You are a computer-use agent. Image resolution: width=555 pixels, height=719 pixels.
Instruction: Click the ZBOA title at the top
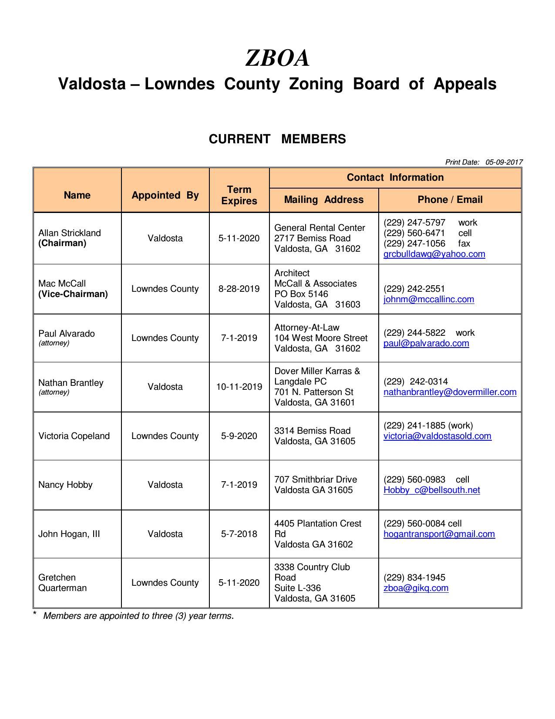pos(277,58)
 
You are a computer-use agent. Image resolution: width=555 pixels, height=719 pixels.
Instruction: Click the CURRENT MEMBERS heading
pos(277,139)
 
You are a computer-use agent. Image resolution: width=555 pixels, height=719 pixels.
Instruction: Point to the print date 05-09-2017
pos(504,162)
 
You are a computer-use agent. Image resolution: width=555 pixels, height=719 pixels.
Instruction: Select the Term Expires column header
pos(239,195)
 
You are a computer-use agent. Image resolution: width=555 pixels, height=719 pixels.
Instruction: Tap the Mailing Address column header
pos(323,199)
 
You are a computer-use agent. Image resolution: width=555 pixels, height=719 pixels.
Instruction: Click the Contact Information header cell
pos(395,177)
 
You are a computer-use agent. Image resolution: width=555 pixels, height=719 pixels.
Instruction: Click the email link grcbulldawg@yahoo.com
pos(434,254)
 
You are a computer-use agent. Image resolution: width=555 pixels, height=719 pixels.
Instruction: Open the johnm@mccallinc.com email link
pos(429,299)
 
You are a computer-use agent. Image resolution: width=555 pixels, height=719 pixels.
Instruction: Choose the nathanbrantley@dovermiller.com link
pos(450,392)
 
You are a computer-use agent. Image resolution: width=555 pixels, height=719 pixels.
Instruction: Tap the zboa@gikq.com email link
pos(416,588)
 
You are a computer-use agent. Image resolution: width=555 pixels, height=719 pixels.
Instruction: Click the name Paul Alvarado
pos(66,334)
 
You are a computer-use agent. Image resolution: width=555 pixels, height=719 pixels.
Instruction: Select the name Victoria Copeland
pos(74,436)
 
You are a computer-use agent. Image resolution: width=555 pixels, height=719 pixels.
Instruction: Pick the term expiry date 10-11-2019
pos(239,387)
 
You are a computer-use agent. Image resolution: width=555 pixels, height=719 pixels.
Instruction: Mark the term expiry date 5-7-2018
pos(239,534)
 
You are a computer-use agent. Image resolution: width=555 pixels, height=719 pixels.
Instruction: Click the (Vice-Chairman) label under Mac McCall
pos(73,294)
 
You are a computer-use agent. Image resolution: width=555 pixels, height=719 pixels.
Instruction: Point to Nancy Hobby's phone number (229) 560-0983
pos(414,479)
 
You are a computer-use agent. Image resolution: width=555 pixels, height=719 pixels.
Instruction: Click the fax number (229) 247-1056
pos(414,243)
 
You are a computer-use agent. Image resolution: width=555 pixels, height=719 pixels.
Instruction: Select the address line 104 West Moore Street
pos(321,338)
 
